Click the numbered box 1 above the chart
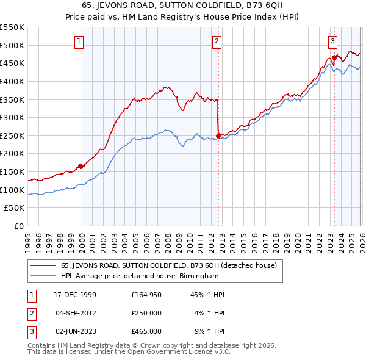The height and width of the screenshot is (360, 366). coord(80,41)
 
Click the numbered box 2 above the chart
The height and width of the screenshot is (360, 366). coord(217,41)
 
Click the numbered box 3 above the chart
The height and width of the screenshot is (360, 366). coord(332,41)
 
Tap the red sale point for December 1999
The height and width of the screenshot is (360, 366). coord(81,166)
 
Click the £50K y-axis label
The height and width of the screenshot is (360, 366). coord(15,208)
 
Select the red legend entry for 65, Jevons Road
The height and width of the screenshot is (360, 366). coord(169,265)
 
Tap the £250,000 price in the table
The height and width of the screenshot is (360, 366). coord(146,313)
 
